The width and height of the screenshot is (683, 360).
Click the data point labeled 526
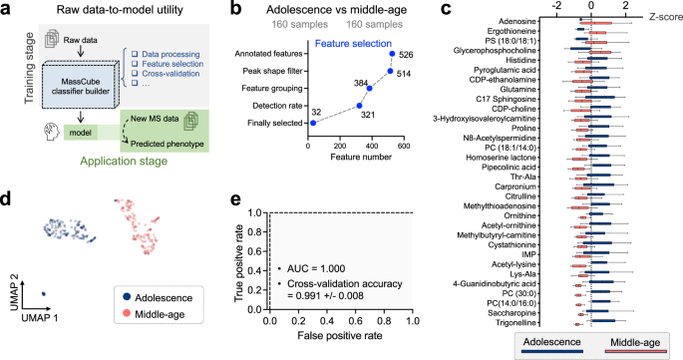tap(393, 56)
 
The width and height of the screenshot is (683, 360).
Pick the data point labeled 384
tap(370, 88)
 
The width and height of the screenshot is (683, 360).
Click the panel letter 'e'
tap(236, 199)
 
